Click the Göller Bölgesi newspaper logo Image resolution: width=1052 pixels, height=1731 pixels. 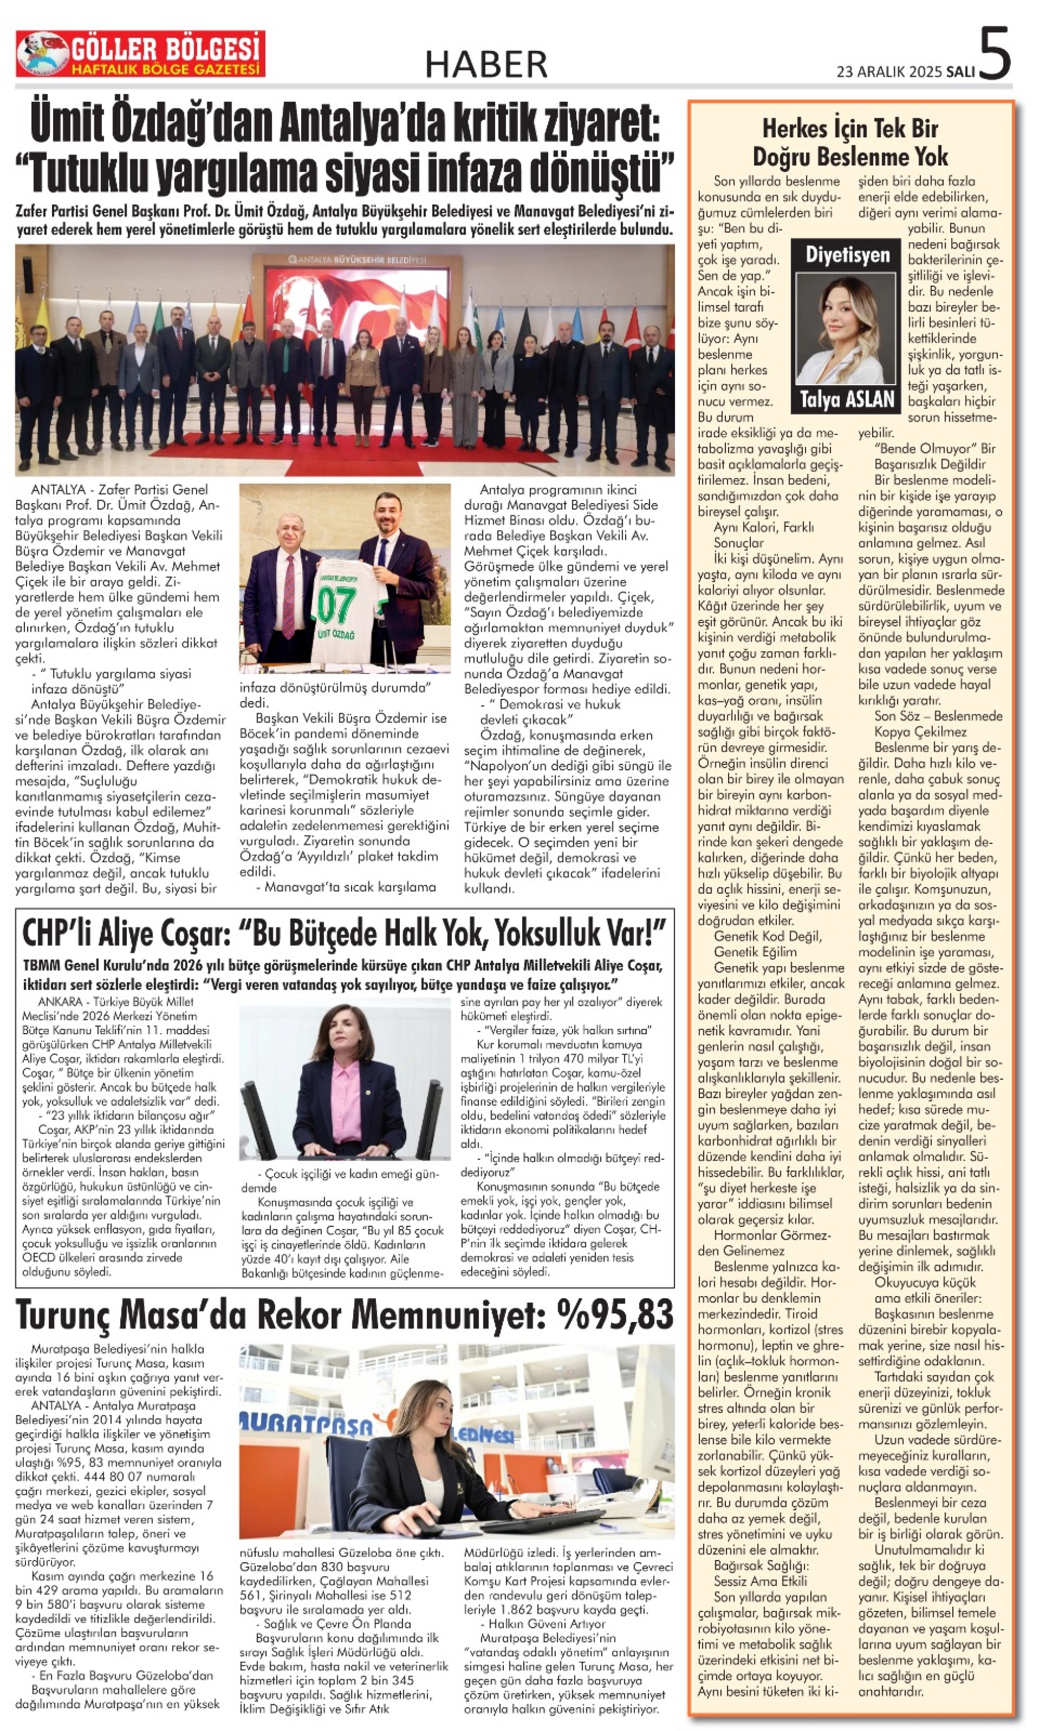[141, 53]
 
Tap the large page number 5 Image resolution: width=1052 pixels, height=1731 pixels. [994, 53]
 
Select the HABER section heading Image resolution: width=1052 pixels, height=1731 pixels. [486, 65]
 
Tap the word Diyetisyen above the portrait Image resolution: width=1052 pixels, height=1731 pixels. [848, 255]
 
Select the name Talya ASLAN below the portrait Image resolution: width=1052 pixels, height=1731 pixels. [848, 400]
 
